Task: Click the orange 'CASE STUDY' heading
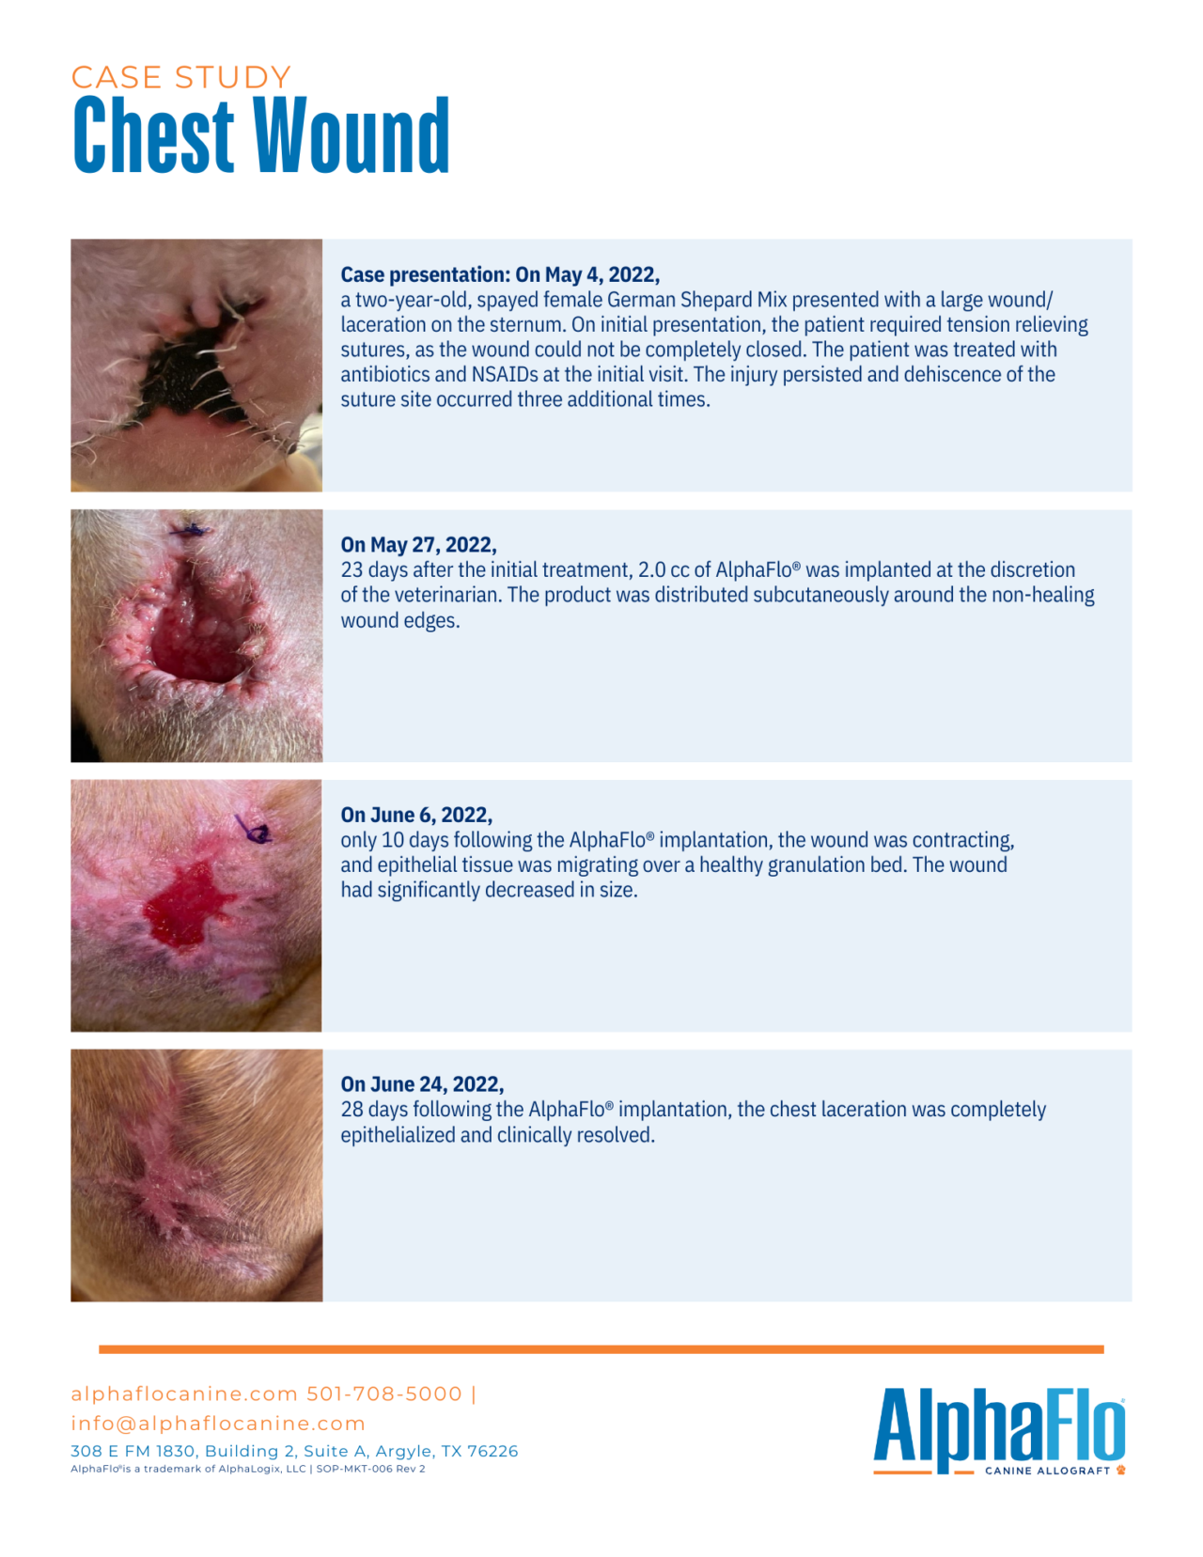[x=181, y=77]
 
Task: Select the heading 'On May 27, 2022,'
[x=418, y=545]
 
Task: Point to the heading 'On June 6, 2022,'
[x=416, y=815]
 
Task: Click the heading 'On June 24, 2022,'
[x=422, y=1084]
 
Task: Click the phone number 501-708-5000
[x=384, y=1394]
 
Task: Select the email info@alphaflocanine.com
[x=218, y=1424]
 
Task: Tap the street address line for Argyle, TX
[x=294, y=1451]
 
